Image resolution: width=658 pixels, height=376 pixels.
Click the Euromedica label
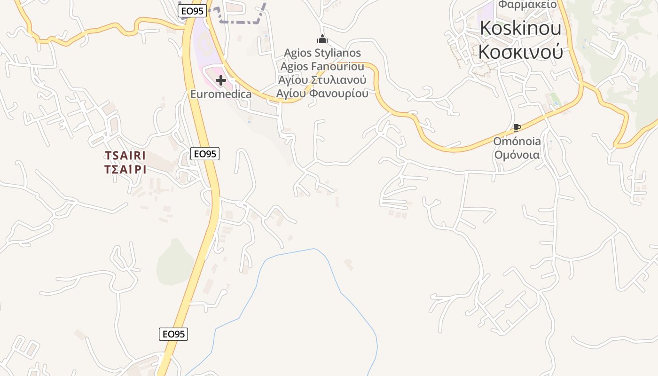tap(220, 94)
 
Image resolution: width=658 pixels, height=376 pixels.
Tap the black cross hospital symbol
tap(220, 80)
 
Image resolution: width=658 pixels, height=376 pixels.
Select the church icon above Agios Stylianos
tap(322, 39)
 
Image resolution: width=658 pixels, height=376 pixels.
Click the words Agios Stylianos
tap(322, 53)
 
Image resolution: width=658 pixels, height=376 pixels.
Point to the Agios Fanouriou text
tap(322, 66)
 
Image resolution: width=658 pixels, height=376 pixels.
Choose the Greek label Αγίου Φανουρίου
tap(322, 93)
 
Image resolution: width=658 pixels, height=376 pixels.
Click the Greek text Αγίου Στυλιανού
tap(322, 79)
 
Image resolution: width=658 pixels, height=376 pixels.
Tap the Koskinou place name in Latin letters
tap(520, 28)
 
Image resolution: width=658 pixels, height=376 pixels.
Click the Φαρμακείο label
tap(527, 5)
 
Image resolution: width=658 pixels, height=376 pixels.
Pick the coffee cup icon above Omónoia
tap(517, 127)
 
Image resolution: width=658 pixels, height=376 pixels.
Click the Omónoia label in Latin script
tap(517, 141)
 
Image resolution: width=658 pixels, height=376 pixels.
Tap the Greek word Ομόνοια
tap(517, 155)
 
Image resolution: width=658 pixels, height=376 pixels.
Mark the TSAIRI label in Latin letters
tap(125, 156)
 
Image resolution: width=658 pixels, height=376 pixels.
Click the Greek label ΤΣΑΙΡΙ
tap(125, 169)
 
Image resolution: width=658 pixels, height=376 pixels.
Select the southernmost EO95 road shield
tap(173, 334)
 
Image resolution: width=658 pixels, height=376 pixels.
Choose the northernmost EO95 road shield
tap(193, 11)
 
